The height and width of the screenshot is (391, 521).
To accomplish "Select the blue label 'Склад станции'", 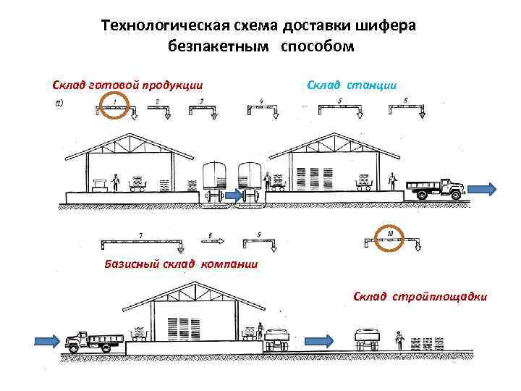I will (x=352, y=85).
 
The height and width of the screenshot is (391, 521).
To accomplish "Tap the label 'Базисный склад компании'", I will (x=181, y=263).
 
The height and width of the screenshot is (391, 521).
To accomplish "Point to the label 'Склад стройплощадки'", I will (x=420, y=296).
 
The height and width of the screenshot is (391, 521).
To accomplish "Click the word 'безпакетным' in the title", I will (x=213, y=47).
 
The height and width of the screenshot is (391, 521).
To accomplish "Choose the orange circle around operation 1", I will (x=115, y=106).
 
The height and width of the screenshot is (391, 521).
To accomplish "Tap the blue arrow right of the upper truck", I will (x=482, y=190).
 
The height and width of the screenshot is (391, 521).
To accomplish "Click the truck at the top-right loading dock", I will (x=435, y=189).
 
